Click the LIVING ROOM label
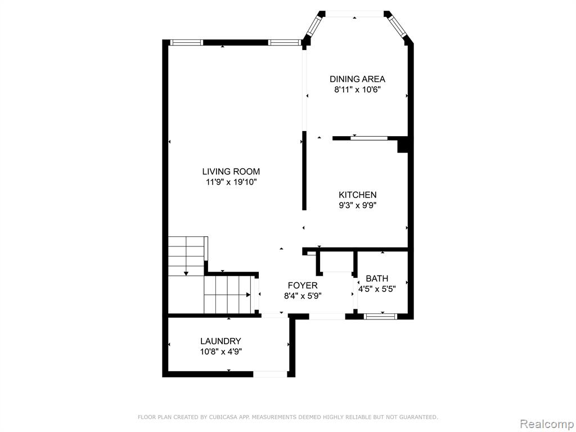231,171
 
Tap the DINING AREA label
357,79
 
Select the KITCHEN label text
357,195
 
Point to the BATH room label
377,278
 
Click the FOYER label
303,285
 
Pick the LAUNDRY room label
220,341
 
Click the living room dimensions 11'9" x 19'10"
231,182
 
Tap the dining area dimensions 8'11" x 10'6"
357,89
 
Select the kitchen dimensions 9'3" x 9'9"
357,205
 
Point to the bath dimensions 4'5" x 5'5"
377,289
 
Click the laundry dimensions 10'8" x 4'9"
220,352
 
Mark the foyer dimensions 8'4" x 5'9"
303,296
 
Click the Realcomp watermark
546,424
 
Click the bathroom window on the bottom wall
380,316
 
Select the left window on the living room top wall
187,43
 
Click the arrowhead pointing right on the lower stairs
248,295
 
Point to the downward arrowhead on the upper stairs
186,273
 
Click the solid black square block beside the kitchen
403,145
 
